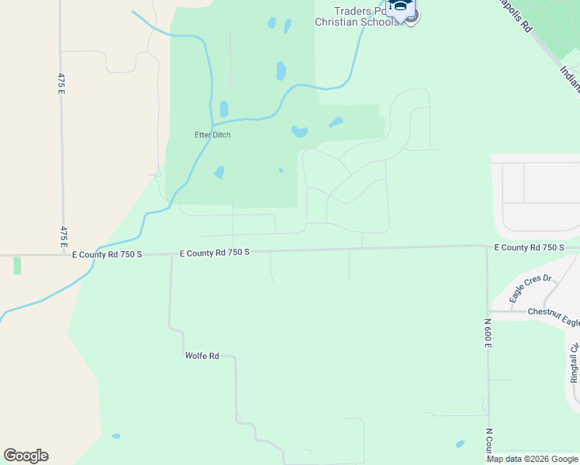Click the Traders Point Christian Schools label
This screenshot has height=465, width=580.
tap(357, 16)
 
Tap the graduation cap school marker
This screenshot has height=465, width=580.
tap(401, 9)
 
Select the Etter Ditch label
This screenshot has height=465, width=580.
tap(212, 135)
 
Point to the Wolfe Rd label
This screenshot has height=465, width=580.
tap(202, 356)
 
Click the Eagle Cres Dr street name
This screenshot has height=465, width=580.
tap(530, 288)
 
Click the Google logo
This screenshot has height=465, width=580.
tap(26, 456)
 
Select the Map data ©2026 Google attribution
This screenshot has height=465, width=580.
tap(532, 459)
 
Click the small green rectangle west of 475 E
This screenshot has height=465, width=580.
tap(17, 265)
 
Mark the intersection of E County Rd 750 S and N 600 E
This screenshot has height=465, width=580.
tap(487, 246)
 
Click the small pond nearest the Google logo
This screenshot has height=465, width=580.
tap(116, 436)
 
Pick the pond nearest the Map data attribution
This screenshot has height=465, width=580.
tap(460, 444)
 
